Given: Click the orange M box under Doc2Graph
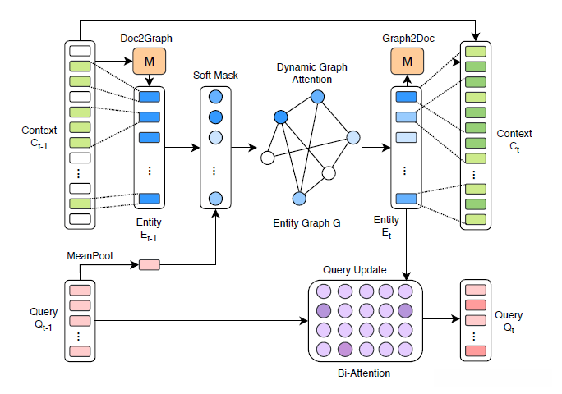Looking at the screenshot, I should [x=150, y=60].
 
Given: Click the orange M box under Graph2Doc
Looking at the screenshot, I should [x=408, y=60].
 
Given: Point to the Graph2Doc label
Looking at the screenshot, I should [x=408, y=39].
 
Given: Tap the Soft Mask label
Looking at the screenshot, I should [x=216, y=76].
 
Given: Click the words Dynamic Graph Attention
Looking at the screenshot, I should [x=305, y=74].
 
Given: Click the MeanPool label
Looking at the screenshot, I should [x=88, y=256].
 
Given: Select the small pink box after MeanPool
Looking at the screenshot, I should [x=150, y=264].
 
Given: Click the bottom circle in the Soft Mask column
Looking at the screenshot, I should [x=216, y=198].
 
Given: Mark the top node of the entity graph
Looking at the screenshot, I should [x=317, y=98].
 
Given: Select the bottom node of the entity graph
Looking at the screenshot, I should [x=299, y=198].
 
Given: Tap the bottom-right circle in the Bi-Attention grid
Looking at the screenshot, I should [x=404, y=350].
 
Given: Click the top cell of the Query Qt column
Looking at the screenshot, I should [x=476, y=290].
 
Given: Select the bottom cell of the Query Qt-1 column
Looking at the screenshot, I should [x=79, y=350].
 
